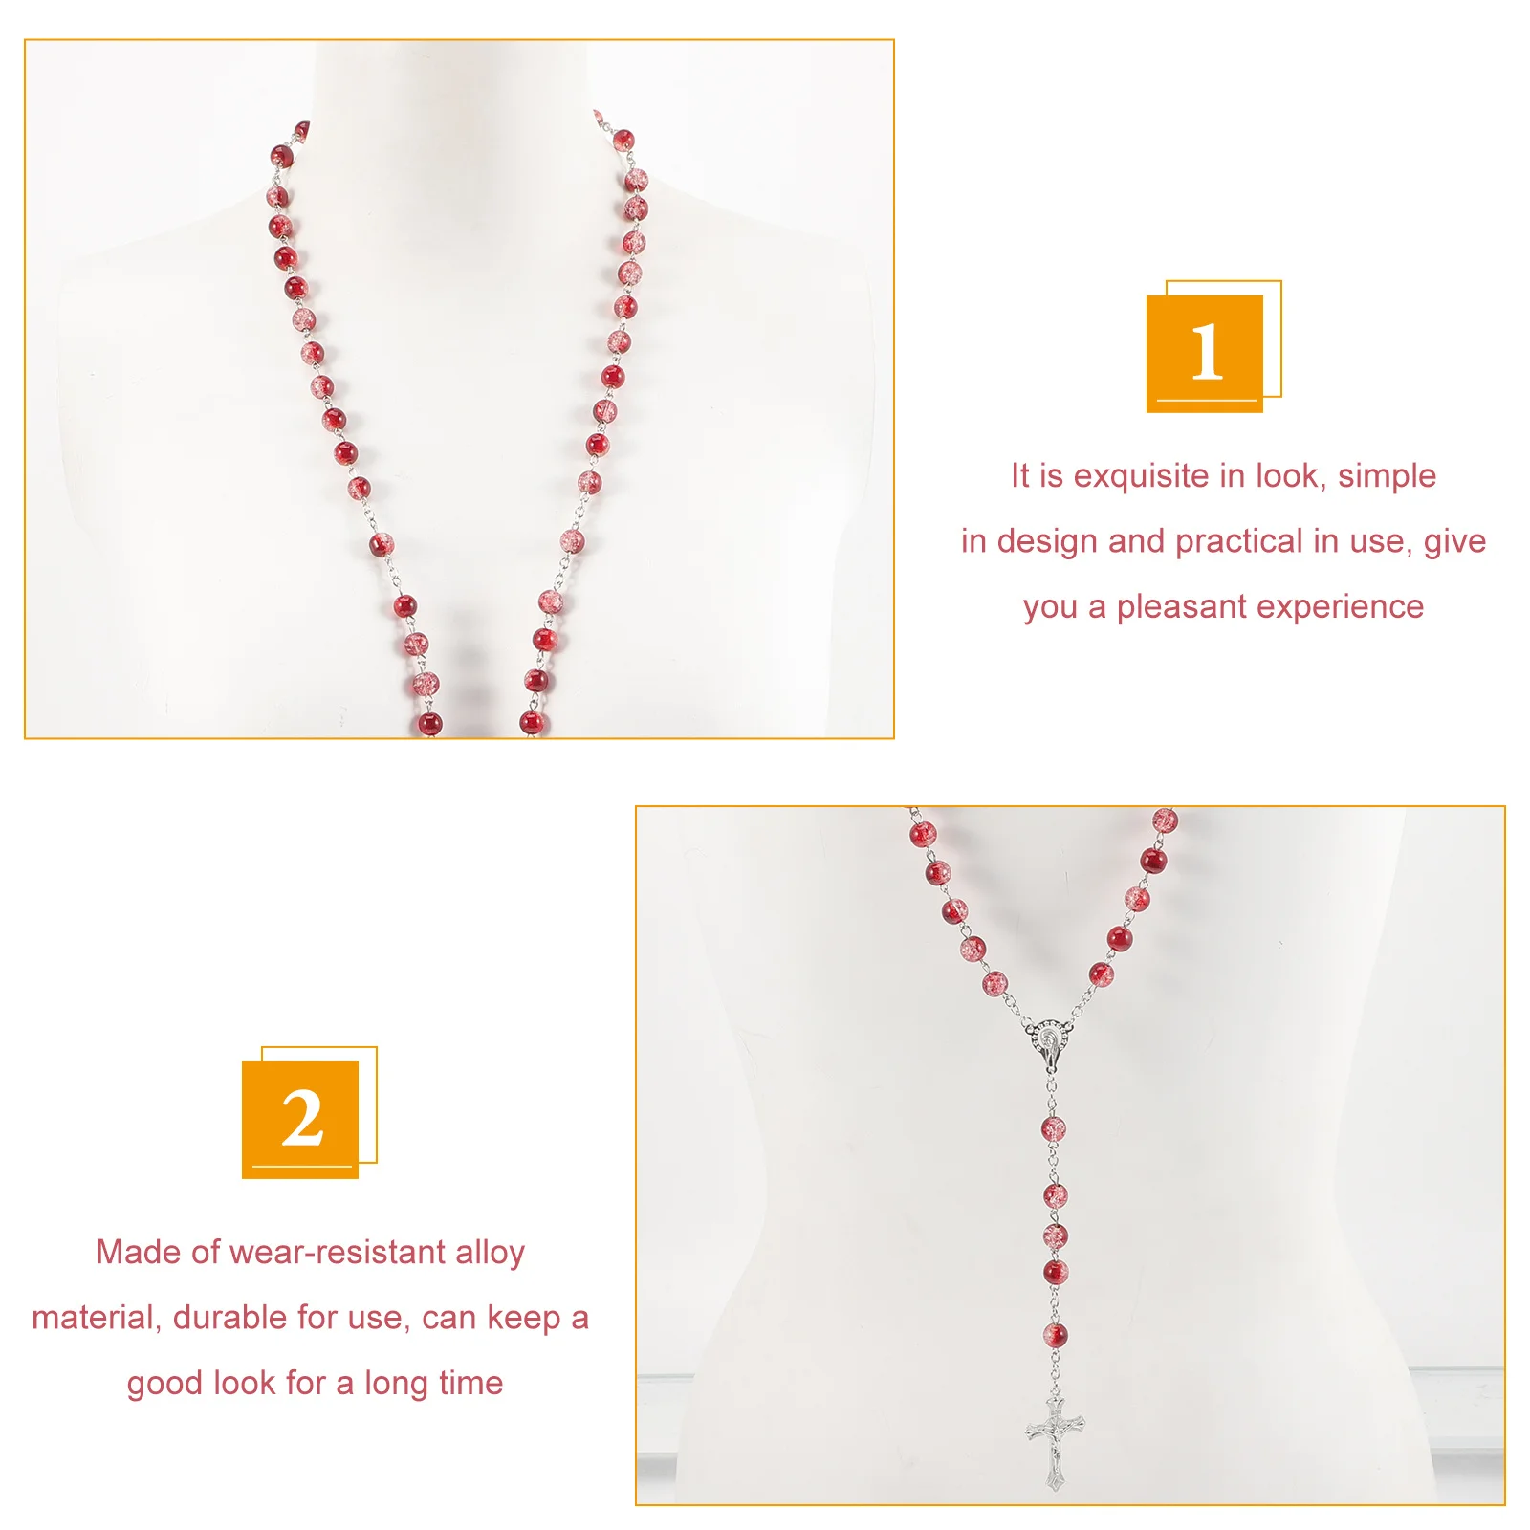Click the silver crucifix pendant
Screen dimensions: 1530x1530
1055,1441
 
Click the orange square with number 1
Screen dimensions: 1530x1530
1205,354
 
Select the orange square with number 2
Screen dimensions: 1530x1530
300,1120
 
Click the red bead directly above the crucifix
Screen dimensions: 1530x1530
1055,1335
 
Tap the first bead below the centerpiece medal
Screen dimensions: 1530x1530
1053,1129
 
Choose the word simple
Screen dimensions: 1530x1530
1387,476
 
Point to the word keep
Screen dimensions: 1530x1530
524,1318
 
